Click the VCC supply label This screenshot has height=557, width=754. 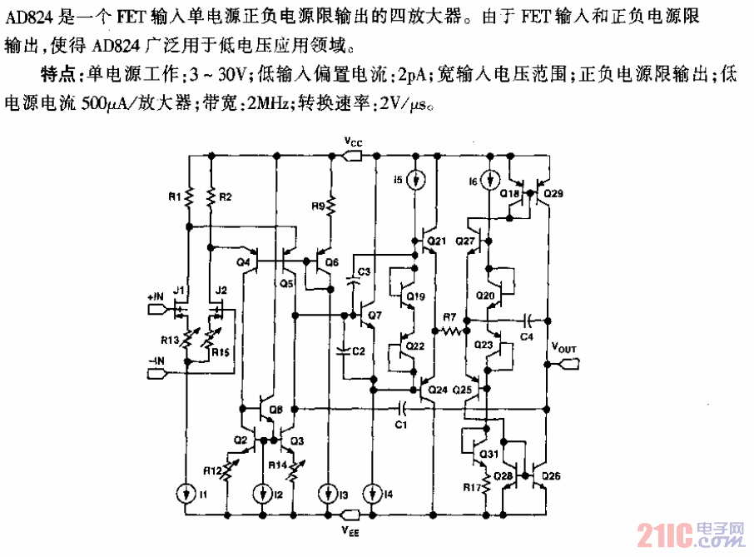[x=354, y=143]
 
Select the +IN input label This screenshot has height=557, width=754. [x=155, y=297]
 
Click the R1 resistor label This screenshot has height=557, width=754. [x=173, y=197]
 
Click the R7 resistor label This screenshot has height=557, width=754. [x=449, y=316]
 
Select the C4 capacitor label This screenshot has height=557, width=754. [x=526, y=335]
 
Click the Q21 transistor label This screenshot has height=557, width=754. [x=436, y=241]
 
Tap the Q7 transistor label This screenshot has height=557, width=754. [x=374, y=316]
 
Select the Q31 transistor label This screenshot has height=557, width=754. [x=488, y=453]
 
